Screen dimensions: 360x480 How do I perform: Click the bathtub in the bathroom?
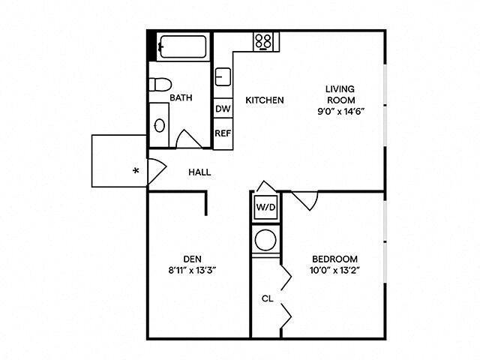[184, 47]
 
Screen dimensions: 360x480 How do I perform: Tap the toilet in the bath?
[159, 85]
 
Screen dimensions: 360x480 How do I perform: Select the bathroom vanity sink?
[160, 124]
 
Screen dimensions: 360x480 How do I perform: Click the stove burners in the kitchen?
[262, 40]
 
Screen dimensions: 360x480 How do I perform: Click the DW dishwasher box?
[223, 109]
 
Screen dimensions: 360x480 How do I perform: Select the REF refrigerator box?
[223, 133]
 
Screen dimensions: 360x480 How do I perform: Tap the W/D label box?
[265, 207]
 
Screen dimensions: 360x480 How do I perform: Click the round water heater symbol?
[266, 241]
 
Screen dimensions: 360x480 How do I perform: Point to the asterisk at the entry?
[136, 171]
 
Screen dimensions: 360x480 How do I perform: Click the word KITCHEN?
[265, 100]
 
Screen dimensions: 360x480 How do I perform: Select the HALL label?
[199, 172]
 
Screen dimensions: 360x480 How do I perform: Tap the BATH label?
[181, 98]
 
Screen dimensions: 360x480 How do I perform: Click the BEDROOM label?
[334, 258]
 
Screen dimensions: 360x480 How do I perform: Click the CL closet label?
[267, 298]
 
